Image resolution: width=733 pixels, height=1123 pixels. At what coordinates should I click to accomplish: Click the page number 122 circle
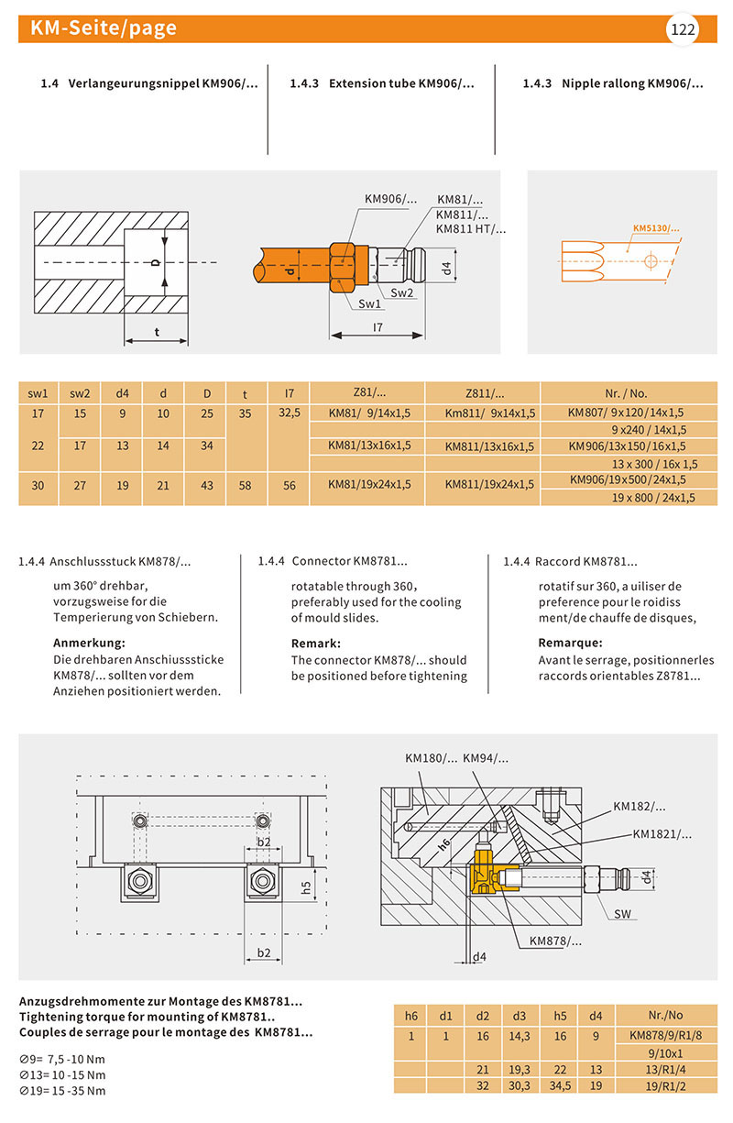(x=684, y=29)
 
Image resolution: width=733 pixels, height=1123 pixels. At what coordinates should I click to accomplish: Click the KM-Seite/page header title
(x=103, y=28)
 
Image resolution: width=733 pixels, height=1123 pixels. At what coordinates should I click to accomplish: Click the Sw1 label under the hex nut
(x=370, y=303)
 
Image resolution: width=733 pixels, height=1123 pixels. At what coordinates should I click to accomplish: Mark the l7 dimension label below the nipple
(x=378, y=326)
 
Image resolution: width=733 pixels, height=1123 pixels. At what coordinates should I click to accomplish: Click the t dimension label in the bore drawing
(x=156, y=332)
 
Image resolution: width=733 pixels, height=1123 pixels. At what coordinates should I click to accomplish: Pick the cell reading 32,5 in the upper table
(x=290, y=413)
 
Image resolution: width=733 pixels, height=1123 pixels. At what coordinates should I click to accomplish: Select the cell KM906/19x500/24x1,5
(x=627, y=479)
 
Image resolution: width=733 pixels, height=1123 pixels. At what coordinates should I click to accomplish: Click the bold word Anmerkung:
(x=89, y=643)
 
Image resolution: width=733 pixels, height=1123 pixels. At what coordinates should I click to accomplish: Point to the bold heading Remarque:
(x=570, y=643)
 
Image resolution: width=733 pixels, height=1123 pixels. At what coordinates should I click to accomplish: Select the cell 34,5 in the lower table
(x=561, y=1084)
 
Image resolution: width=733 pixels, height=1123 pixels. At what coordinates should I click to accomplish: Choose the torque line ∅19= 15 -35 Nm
(x=62, y=1091)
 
